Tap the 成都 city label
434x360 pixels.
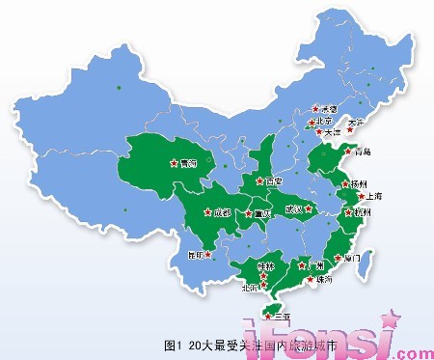coord(222,211)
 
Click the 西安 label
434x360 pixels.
coord(274,180)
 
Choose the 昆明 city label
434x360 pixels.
coord(197,256)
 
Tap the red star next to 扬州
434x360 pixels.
coord(346,182)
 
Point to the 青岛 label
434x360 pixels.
coord(363,152)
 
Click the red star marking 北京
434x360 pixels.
coord(307,122)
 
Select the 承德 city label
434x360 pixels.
coord(329,109)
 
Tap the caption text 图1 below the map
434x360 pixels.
coord(173,343)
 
